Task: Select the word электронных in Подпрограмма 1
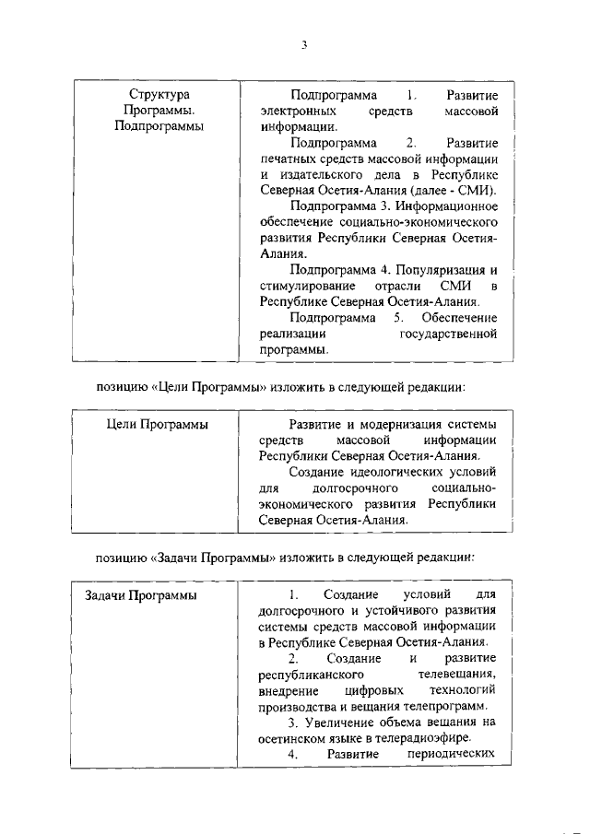tap(295, 112)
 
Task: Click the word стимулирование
tap(305, 286)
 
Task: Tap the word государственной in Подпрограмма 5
tap(449, 334)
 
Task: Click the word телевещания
tap(457, 675)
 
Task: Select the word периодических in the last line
tap(452, 754)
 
